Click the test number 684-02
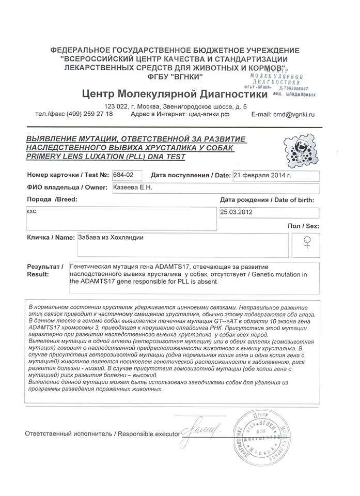coord(123,175)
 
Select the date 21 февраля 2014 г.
coord(262,175)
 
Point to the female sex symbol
coord(308,242)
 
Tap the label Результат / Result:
coord(44,270)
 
